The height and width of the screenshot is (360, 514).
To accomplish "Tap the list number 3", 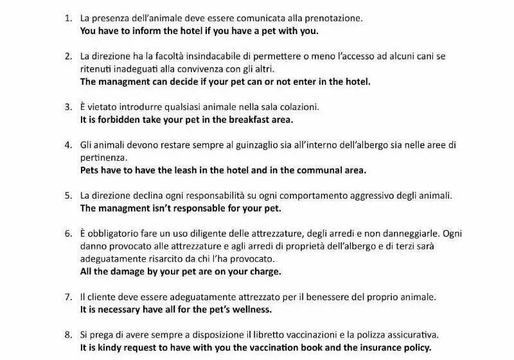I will [67, 106].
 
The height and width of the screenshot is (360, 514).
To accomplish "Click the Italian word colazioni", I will [294, 106].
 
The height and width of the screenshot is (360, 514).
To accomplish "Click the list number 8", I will [67, 334].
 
